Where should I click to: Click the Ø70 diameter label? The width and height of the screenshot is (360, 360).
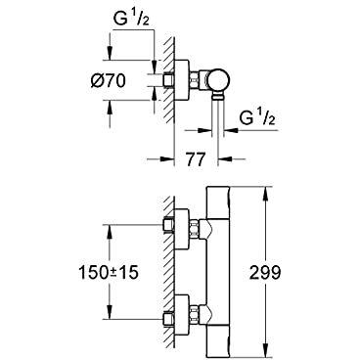pos(108,81)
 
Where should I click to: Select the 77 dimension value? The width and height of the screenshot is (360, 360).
pos(196,159)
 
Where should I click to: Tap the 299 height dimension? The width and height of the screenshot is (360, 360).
pos(265,272)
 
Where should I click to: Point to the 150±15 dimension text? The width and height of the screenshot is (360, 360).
pos(109,272)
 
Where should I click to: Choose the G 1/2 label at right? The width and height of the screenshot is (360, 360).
pos(257,118)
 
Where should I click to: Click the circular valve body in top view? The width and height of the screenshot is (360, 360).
pos(219,80)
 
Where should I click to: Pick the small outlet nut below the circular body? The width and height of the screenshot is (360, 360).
pos(218,96)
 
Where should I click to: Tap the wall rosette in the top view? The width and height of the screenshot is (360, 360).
pos(182,80)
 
